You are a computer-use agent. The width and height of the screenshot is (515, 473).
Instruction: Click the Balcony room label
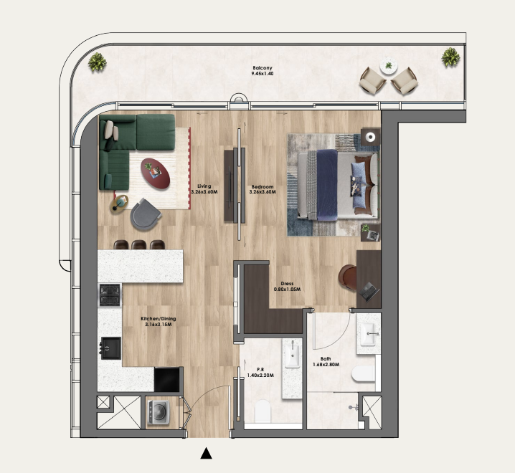point(263,70)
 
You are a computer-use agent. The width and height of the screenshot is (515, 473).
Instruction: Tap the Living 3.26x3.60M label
point(204,188)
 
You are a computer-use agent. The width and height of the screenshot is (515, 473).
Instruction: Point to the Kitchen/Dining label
point(159,321)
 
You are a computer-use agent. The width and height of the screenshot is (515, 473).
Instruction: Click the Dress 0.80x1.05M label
point(287,286)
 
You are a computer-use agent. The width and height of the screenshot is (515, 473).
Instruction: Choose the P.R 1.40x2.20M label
point(260,372)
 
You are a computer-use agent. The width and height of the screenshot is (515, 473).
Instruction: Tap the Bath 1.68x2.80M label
point(326,361)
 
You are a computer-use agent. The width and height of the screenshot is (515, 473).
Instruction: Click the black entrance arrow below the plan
point(207,453)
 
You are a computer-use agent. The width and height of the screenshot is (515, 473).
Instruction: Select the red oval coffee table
point(156,173)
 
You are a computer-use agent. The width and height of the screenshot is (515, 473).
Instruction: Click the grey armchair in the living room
point(145,214)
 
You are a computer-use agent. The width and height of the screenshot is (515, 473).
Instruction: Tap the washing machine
point(158,412)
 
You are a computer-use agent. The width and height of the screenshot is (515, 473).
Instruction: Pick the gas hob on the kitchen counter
point(110,295)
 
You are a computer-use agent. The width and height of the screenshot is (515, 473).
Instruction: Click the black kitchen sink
point(110,348)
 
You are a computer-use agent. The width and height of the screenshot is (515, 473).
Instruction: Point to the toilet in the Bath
point(363,373)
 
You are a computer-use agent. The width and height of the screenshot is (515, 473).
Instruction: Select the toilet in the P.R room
point(263,411)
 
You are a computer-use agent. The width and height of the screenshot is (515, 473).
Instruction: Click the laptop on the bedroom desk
point(369,292)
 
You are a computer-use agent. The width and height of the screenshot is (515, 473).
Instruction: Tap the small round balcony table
point(389,66)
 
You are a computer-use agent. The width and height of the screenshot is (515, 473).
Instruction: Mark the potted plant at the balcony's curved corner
point(98,62)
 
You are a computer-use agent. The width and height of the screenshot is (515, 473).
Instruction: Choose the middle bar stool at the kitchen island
point(138,244)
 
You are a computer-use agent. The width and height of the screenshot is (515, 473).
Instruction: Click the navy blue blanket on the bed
point(327,185)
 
